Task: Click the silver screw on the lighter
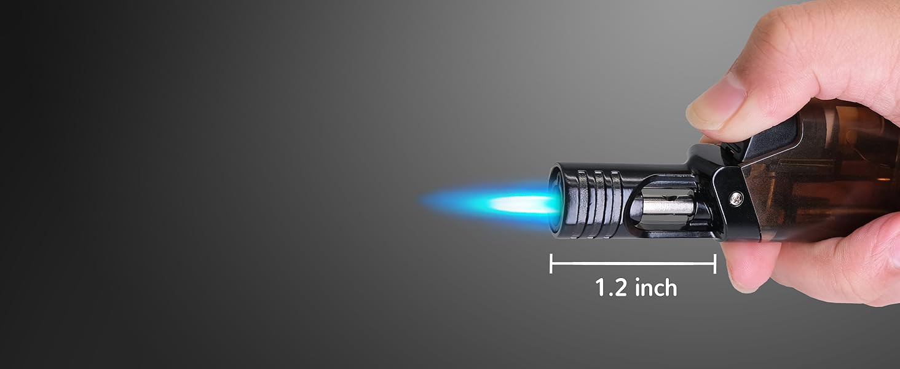click(x=735, y=198)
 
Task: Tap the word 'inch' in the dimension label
click(x=654, y=288)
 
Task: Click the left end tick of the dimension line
click(x=551, y=263)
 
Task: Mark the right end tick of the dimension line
click(x=715, y=263)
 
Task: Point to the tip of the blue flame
click(x=423, y=200)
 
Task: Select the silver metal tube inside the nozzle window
click(x=667, y=206)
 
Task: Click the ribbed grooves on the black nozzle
click(x=600, y=200)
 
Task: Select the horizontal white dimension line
click(x=633, y=263)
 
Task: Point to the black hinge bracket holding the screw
click(x=735, y=203)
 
